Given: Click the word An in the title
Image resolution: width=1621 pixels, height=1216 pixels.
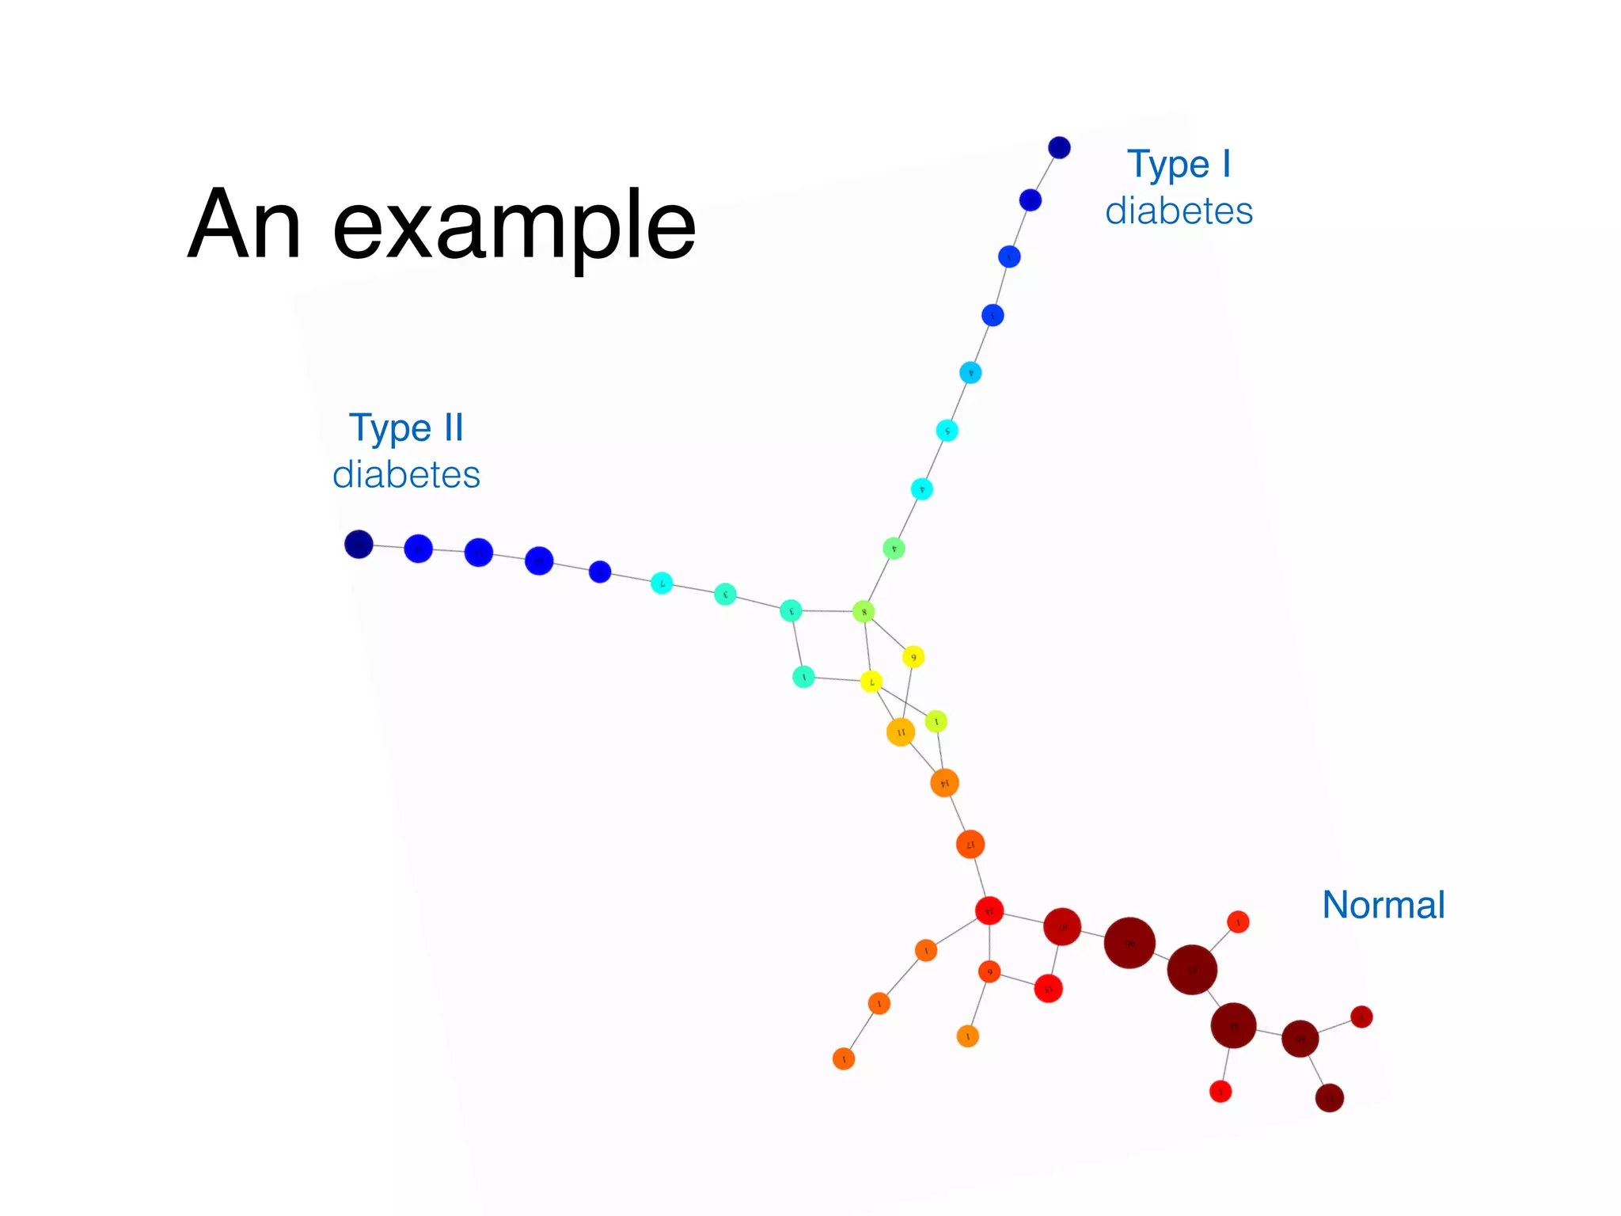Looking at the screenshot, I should (244, 225).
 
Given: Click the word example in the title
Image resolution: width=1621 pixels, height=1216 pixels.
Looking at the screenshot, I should (514, 230).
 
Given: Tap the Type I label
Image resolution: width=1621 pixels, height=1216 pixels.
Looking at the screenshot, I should (1179, 165).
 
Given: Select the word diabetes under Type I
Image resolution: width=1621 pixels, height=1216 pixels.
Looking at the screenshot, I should (1179, 211).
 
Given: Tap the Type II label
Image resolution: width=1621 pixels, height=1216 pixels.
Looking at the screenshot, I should (406, 428).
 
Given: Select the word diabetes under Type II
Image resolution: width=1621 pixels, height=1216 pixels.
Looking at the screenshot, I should (406, 475).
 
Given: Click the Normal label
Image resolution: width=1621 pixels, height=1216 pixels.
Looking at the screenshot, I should (1383, 905).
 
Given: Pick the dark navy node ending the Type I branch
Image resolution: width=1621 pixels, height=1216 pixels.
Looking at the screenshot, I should (1059, 148).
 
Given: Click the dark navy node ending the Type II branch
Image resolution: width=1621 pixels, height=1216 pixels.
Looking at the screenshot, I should (359, 545).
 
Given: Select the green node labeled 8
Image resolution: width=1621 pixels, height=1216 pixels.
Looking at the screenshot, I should (864, 612).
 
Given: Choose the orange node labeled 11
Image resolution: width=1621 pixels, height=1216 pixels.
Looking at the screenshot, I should (901, 732).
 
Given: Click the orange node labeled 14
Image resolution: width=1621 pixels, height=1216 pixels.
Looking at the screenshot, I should (944, 783).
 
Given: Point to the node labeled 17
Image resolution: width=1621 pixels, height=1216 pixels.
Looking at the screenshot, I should (970, 845).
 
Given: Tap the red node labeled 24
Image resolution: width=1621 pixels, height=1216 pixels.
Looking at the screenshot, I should (989, 911).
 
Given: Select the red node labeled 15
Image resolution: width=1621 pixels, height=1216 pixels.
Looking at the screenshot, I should (1048, 989).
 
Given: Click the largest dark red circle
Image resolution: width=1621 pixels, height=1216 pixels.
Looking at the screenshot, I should (1129, 943).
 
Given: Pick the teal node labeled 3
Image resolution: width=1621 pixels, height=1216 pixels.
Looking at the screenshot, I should (791, 610).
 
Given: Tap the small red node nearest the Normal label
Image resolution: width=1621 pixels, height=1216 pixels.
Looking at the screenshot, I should (1238, 922).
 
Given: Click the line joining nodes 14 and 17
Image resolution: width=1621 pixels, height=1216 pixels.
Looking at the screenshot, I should (957, 813).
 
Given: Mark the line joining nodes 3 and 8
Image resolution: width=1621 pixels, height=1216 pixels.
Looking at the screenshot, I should (827, 611).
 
